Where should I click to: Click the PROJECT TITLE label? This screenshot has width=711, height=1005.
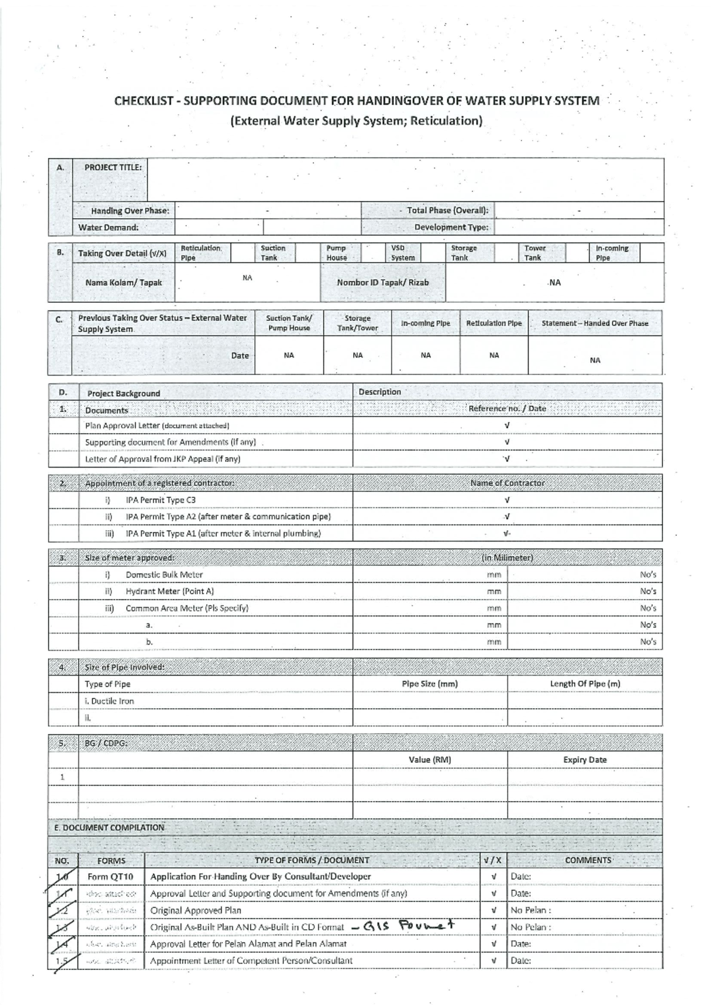(x=113, y=167)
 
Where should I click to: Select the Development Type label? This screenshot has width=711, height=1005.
(x=451, y=228)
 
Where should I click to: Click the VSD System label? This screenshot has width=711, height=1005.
(x=402, y=253)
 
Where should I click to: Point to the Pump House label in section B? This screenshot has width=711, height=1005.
(x=337, y=253)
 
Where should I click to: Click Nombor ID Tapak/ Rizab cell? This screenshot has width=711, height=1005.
(x=382, y=283)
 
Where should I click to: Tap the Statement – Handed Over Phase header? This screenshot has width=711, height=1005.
(x=594, y=324)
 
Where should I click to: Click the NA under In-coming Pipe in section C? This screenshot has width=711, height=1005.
(x=425, y=356)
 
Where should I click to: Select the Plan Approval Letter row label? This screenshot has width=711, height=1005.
(x=157, y=425)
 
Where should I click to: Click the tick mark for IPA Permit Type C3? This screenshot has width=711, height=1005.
(x=507, y=500)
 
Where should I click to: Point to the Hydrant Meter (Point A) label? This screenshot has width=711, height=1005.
(x=169, y=591)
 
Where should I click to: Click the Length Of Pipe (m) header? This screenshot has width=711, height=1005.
(x=585, y=684)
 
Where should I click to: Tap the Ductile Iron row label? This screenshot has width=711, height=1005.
(x=110, y=701)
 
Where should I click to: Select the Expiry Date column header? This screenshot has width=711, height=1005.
(x=585, y=760)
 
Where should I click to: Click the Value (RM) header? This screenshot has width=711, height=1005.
(x=430, y=760)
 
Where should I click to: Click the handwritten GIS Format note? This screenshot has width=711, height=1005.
(x=408, y=926)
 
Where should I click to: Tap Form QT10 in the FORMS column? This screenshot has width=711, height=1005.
(x=110, y=876)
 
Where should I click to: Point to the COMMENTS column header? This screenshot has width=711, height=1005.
(x=588, y=860)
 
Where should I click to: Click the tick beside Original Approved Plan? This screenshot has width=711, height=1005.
(x=494, y=910)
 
